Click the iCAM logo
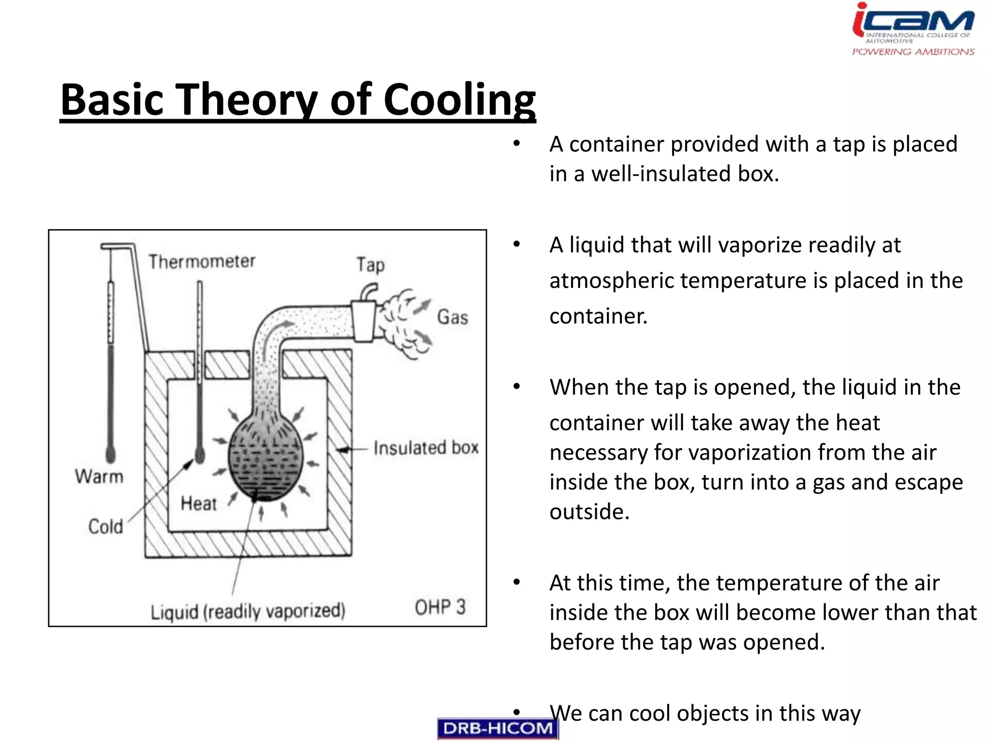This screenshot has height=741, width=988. click(913, 29)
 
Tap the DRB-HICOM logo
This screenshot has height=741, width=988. click(497, 728)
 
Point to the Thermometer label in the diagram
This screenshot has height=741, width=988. click(202, 261)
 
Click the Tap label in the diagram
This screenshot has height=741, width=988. click(370, 265)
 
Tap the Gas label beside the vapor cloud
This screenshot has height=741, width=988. click(453, 317)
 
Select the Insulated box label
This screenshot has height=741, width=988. click(426, 448)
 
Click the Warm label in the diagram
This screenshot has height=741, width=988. click(99, 477)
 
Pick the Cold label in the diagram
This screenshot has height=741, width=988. click(106, 526)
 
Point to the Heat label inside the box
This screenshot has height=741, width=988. click(198, 504)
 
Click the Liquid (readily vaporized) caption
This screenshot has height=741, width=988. click(248, 611)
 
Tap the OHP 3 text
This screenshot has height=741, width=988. click(440, 607)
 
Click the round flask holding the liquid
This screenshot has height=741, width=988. click(265, 461)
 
